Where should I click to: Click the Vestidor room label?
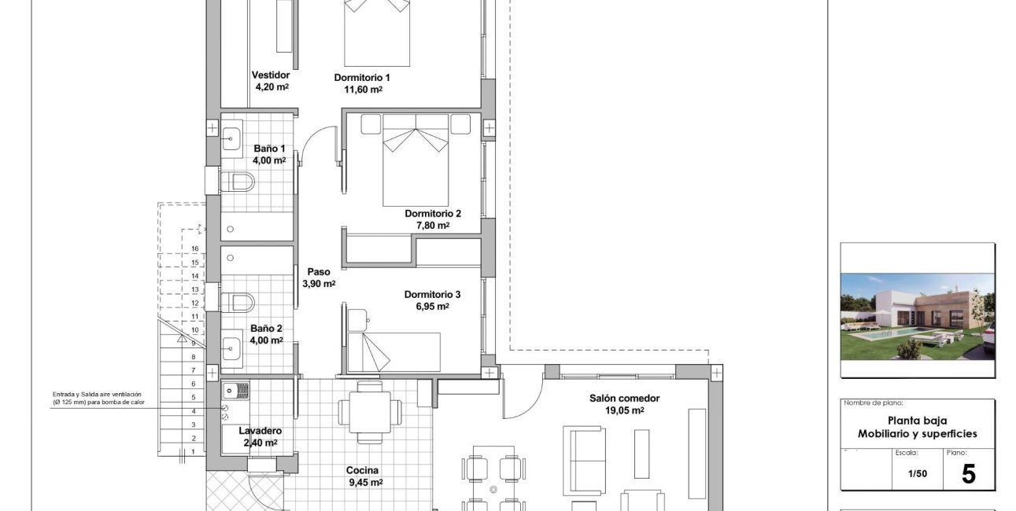[270, 75]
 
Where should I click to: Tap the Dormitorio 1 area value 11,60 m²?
[363, 90]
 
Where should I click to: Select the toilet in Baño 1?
[237, 182]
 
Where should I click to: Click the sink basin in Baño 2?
[232, 348]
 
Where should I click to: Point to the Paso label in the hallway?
[319, 272]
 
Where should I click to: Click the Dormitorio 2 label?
[433, 213]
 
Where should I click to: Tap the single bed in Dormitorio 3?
[393, 352]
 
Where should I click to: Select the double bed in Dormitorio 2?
[416, 160]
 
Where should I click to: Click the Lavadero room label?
[260, 431]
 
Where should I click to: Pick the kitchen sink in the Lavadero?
[236, 390]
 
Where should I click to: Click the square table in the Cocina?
[370, 412]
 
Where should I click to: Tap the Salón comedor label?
[624, 399]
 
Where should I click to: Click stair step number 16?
[195, 248]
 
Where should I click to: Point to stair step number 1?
[194, 452]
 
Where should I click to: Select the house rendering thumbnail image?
[918, 317]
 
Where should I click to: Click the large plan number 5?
[968, 474]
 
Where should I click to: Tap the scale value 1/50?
[917, 474]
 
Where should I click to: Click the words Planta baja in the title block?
[917, 421]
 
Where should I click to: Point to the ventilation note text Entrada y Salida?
[76, 395]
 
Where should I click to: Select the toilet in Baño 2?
[237, 303]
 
